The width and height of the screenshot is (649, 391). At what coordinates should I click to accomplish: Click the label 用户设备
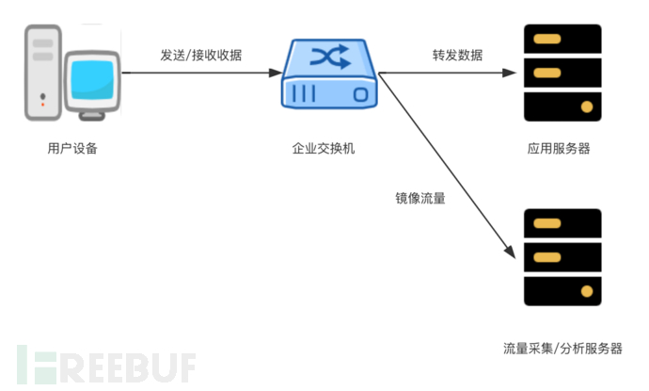(71, 148)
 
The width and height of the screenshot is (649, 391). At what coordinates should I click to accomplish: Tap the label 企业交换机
(324, 148)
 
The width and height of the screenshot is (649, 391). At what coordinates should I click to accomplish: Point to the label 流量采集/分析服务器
(562, 348)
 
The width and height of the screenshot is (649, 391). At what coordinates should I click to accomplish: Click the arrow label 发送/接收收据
(200, 55)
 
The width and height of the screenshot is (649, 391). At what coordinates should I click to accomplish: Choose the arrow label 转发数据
(459, 55)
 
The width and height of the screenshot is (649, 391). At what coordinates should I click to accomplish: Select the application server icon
(562, 73)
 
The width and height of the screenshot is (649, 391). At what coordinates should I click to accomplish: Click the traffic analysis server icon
(562, 257)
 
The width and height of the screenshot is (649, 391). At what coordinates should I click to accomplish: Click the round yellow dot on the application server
(588, 106)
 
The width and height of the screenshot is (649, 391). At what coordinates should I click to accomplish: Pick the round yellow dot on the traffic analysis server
(588, 290)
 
